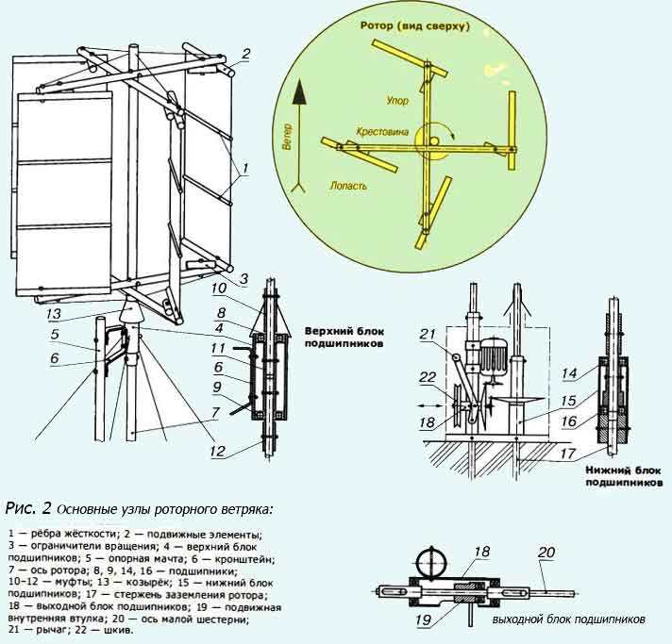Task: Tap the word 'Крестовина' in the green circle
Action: coord(382,133)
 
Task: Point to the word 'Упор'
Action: coord(398,98)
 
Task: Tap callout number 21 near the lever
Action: coord(428,334)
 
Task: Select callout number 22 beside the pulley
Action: coord(428,379)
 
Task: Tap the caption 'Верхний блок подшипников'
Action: coord(343,339)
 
